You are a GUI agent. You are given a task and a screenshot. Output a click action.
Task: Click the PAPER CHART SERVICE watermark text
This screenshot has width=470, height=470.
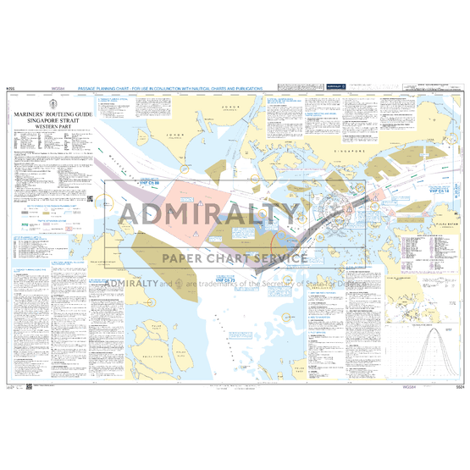coord(235,258)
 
